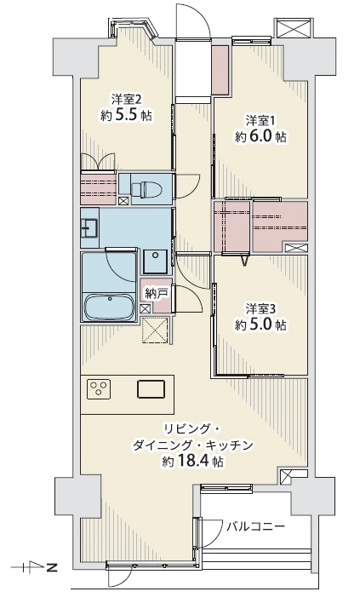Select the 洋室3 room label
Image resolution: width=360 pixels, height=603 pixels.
[261, 309]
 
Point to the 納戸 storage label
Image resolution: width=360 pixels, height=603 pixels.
[156, 294]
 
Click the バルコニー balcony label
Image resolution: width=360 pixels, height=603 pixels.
[255, 526]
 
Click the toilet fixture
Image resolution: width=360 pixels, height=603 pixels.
[144, 189]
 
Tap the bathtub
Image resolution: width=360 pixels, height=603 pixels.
[109, 307]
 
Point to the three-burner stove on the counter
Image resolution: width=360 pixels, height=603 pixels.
[99, 388]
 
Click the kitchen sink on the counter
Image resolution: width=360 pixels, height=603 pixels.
[151, 388]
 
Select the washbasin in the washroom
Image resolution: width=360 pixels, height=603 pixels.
[89, 227]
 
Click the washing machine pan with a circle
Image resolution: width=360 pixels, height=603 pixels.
[155, 261]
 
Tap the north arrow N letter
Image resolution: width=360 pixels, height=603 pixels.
[50, 566]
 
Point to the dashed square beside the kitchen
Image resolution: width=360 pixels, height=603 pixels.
[155, 330]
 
